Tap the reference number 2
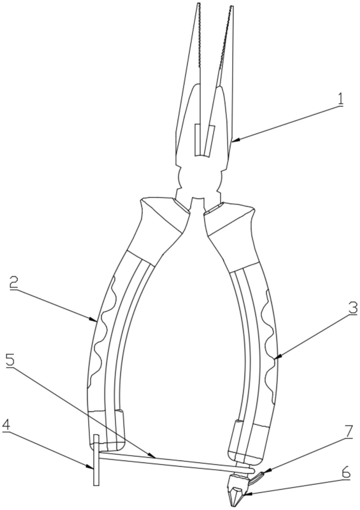pos(15,284)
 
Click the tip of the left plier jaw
pos(199,3)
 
